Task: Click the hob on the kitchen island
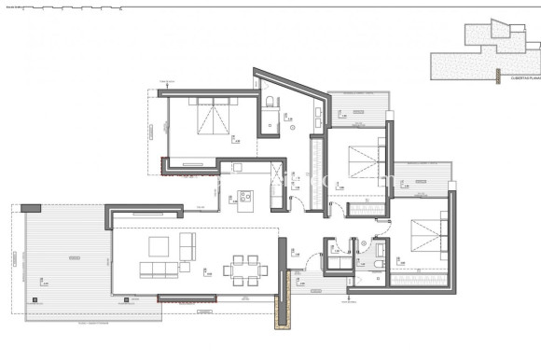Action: (x=246, y=197)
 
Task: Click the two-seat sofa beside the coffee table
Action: (x=188, y=247)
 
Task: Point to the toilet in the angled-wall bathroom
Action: (x=270, y=101)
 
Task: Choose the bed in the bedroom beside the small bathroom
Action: (x=425, y=233)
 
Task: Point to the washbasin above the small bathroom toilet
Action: (x=378, y=244)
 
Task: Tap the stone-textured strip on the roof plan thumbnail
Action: (x=463, y=65)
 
